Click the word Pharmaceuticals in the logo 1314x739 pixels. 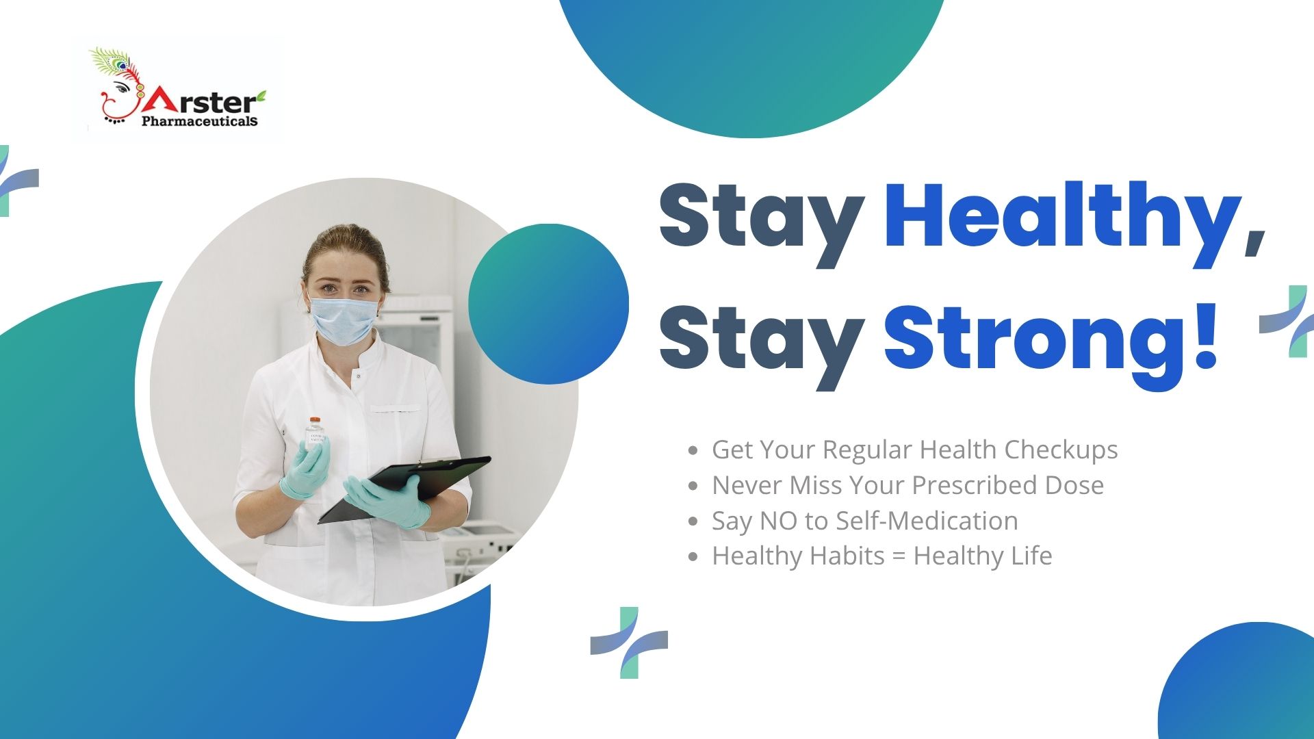tap(200, 121)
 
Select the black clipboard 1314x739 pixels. tap(404, 487)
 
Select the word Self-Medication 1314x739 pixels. tap(927, 521)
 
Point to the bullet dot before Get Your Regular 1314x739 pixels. tap(693, 451)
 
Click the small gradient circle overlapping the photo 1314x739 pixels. tap(548, 304)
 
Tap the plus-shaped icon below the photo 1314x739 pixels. tap(629, 643)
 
